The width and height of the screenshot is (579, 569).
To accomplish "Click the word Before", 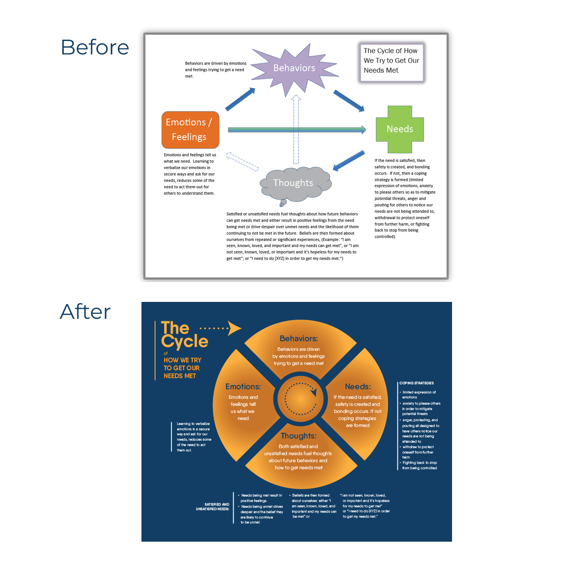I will [x=95, y=47].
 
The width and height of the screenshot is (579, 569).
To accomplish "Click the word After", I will [x=85, y=311].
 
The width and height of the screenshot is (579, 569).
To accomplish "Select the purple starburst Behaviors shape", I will [x=294, y=68].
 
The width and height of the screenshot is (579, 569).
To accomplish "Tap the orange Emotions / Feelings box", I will [x=190, y=130].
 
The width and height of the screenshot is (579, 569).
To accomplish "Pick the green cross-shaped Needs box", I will [x=400, y=129].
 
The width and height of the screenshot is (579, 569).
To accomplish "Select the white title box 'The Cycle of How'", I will [x=391, y=62].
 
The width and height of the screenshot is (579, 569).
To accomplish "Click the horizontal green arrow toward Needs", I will [x=297, y=130].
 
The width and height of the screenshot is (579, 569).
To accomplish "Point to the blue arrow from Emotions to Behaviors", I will [x=240, y=99].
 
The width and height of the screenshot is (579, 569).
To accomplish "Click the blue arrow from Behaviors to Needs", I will [x=349, y=101].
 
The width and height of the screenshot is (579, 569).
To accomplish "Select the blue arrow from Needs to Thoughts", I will [x=349, y=161].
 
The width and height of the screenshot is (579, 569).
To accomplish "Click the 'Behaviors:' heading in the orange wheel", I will [x=299, y=339].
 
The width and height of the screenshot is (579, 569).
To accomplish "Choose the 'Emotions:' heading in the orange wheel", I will [x=243, y=386].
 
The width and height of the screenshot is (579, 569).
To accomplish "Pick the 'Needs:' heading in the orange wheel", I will [x=358, y=386].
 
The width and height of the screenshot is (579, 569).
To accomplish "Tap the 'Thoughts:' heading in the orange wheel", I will [x=299, y=436].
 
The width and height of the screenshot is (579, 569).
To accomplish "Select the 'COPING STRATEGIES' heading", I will [x=416, y=383].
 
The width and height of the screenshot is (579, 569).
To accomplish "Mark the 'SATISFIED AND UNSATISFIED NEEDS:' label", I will [x=213, y=506].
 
